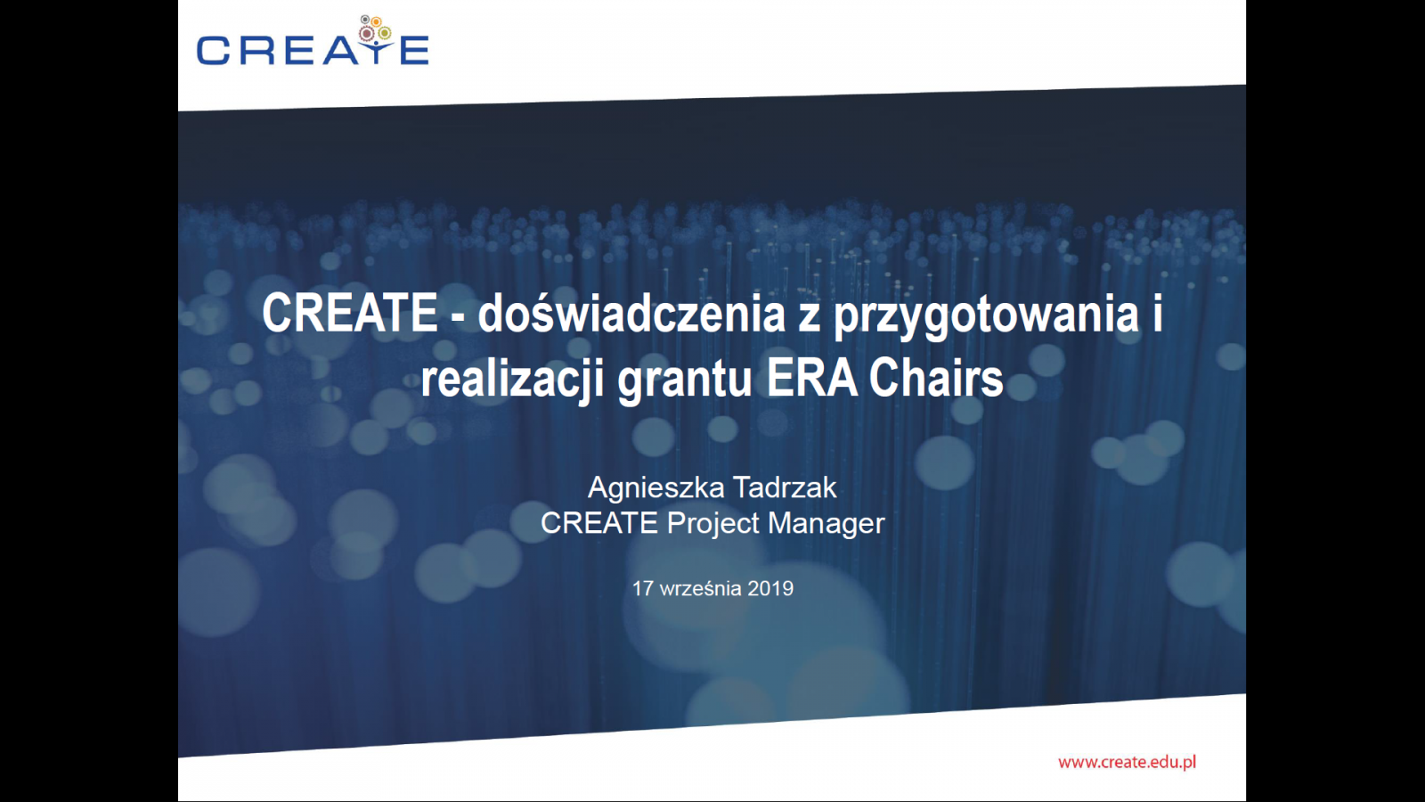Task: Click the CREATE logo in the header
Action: (313, 41)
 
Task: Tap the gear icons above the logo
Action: (375, 28)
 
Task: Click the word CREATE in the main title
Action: (350, 313)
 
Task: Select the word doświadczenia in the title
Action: (631, 313)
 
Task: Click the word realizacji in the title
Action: (512, 380)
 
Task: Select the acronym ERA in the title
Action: (811, 379)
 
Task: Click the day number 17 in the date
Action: (643, 589)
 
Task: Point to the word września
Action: (700, 589)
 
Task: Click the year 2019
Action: (770, 589)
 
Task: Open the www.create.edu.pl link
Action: (1128, 762)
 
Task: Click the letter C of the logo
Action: (213, 50)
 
